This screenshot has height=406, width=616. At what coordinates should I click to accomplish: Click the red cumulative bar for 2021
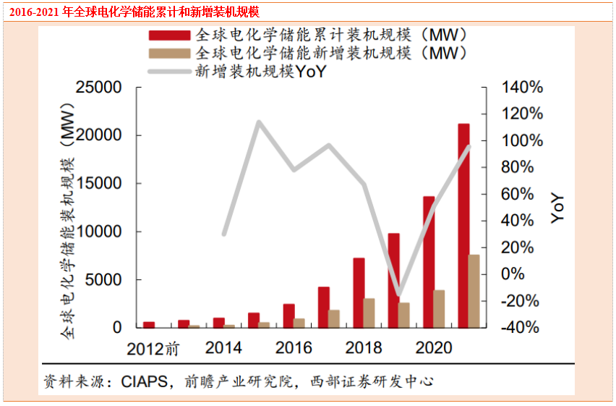click(x=463, y=225)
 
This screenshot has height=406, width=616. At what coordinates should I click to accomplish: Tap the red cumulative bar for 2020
click(x=429, y=261)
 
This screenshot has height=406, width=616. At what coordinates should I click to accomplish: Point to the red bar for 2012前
click(x=149, y=324)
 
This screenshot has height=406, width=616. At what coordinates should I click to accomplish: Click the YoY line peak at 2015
click(x=259, y=122)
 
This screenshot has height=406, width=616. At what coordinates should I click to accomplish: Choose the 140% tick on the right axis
click(x=523, y=88)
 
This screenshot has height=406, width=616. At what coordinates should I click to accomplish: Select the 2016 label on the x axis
click(x=294, y=347)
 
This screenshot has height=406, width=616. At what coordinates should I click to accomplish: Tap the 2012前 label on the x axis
click(x=153, y=348)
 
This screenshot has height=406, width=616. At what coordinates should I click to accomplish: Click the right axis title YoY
click(x=557, y=208)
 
